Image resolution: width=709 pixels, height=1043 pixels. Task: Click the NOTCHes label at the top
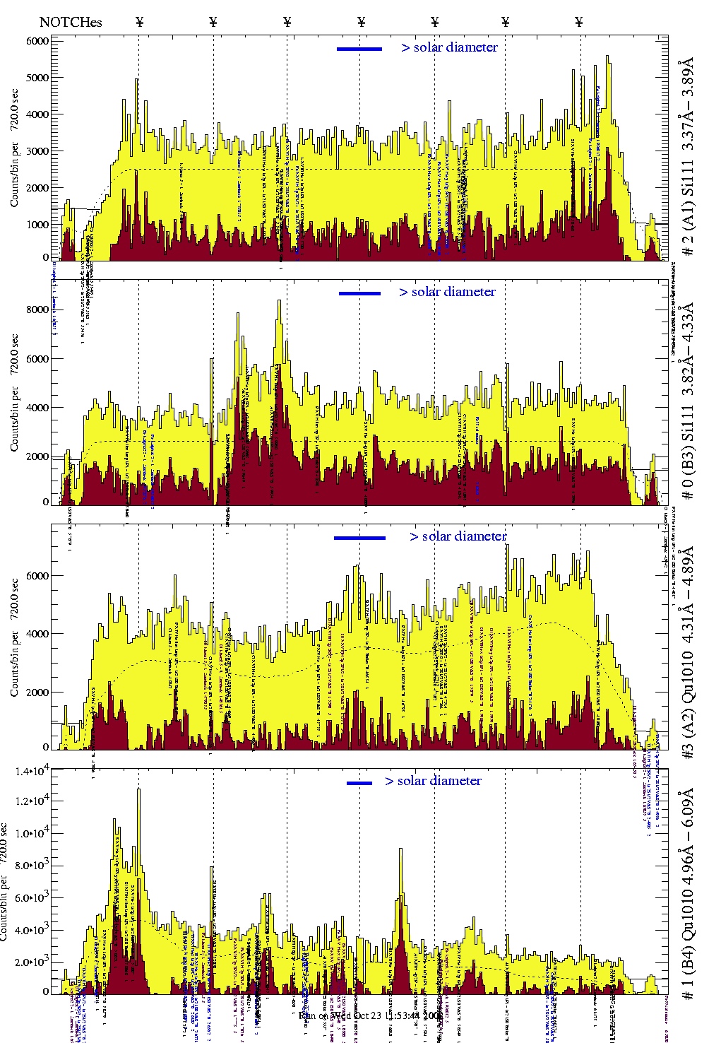click(x=71, y=22)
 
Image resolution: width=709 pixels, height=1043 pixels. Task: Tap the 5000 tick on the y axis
click(x=37, y=78)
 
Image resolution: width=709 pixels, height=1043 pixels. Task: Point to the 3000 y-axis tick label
click(x=37, y=151)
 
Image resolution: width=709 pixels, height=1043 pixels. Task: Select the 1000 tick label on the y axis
click(x=37, y=225)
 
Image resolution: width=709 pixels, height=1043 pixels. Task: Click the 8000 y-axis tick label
click(x=37, y=310)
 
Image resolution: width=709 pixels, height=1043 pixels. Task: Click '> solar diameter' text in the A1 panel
click(x=449, y=47)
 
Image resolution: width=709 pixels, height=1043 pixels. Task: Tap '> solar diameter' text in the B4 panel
click(x=433, y=781)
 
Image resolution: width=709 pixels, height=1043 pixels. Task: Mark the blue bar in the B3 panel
click(x=359, y=293)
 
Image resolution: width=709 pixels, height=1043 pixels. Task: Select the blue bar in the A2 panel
click(x=359, y=538)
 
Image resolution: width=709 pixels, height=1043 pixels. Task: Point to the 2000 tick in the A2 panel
click(x=37, y=693)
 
